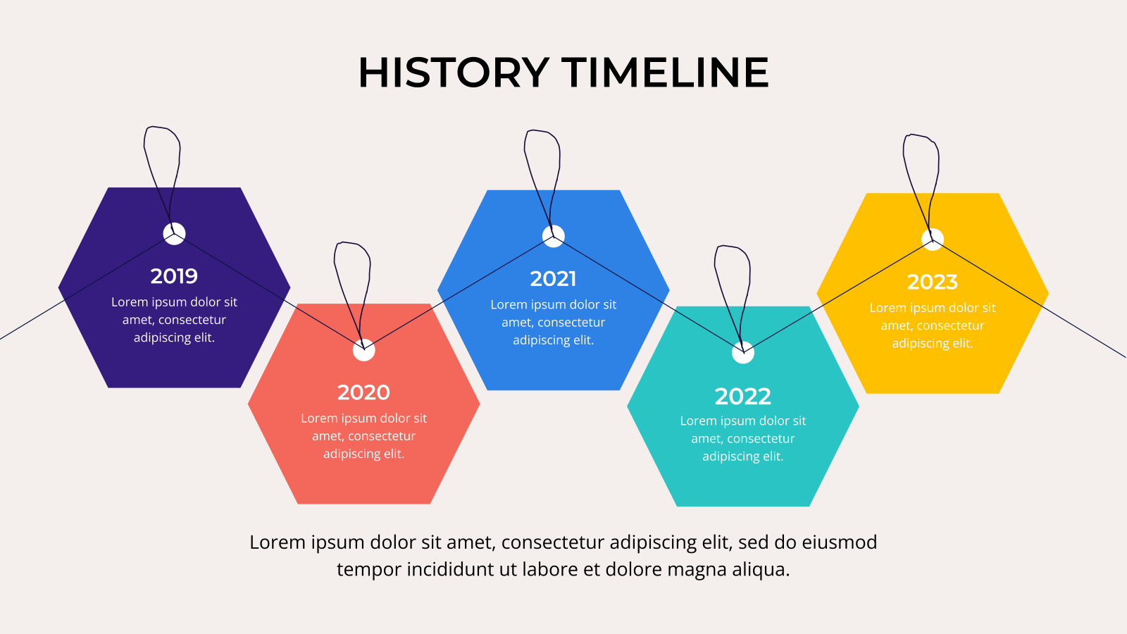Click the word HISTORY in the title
coord(454,73)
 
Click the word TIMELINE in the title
coord(665,73)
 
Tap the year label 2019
coord(174,275)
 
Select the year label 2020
coord(363,392)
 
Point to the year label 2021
coord(553,279)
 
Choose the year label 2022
coord(742,397)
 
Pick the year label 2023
coord(933,282)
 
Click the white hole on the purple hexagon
coord(174,233)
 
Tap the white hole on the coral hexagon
coord(363,350)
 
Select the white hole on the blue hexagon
coord(554,237)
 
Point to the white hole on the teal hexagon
coord(743,352)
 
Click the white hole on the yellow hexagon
coord(933,240)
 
